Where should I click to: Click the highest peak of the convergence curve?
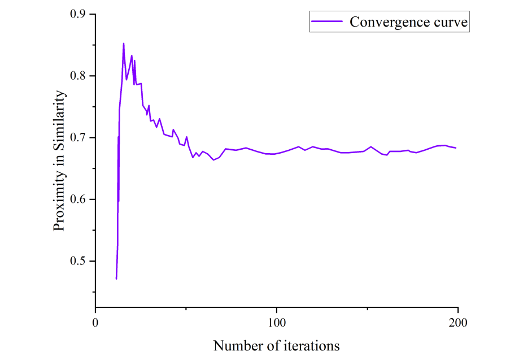pyautogui.click(x=124, y=44)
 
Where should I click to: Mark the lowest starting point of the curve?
pyautogui.click(x=116, y=279)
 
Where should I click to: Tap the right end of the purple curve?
pyautogui.click(x=455, y=148)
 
